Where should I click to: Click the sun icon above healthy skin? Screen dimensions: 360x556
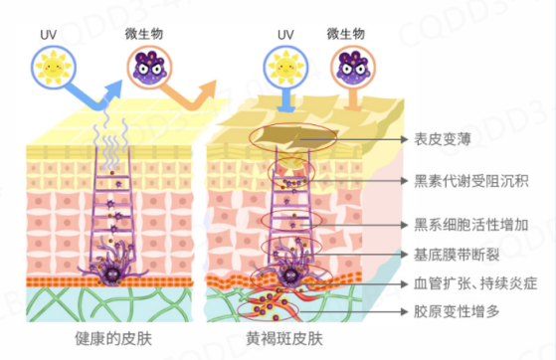[51, 67]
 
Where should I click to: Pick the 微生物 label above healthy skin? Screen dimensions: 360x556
[150, 34]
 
